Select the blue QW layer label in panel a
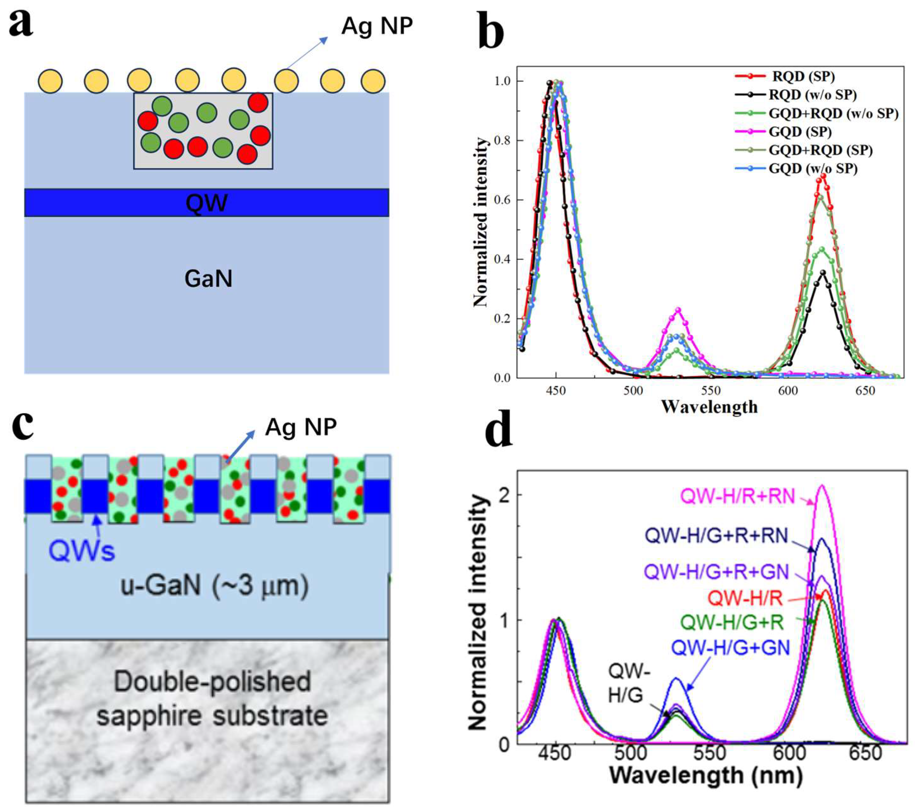[x=207, y=203]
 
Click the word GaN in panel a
[x=209, y=279]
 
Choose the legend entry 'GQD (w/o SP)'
[x=813, y=169]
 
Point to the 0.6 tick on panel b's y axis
[x=503, y=200]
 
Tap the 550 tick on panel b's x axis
[x=711, y=391]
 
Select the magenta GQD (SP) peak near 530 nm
[x=678, y=310]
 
